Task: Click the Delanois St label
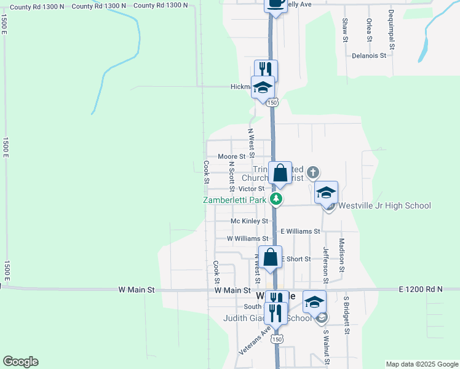point(368,55)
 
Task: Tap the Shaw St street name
point(344,30)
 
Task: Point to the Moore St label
point(232,157)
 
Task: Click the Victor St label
point(251,189)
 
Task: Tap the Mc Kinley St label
point(249,221)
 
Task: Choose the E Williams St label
point(300,231)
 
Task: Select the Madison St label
point(341,255)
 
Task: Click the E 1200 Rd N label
point(420,289)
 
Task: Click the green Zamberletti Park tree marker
point(277,199)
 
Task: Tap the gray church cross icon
point(312,172)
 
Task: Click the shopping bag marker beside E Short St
point(270,257)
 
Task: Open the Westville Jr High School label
point(384,205)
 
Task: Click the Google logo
point(20,362)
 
